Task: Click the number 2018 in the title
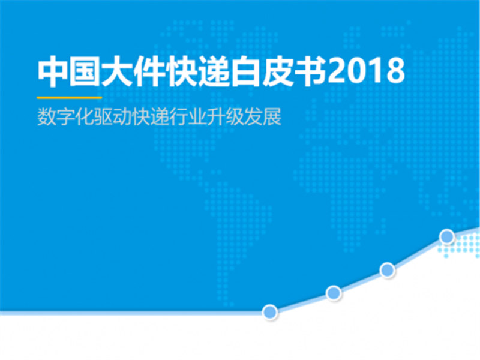pos(367,71)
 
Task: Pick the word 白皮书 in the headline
pos(278,71)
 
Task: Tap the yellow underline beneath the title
pos(70,98)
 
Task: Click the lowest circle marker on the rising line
pos(270,312)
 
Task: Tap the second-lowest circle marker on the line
pos(334,293)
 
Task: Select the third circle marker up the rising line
pos(387,270)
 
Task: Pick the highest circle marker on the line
pos(447,236)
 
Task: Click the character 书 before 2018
pos(310,71)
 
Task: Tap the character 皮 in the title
pos(278,71)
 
